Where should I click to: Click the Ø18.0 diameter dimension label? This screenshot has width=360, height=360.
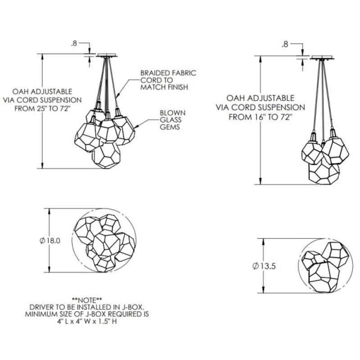coord(50,241)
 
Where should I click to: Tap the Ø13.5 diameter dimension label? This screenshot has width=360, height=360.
coord(264,266)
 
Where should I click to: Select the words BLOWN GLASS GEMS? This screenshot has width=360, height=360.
coord(172,120)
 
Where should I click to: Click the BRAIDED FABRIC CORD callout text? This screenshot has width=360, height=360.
coord(168,80)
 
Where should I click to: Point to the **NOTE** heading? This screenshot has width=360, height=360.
coord(87,300)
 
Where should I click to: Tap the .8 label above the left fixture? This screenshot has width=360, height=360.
coord(74,44)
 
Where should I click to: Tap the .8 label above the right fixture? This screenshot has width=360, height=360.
coord(285,45)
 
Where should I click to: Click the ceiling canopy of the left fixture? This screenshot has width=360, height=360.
coord(107,55)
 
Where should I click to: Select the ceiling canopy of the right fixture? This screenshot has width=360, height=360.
coord(322,58)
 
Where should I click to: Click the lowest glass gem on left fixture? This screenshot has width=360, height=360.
coord(106,155)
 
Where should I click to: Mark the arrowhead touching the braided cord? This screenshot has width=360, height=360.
coord(118,96)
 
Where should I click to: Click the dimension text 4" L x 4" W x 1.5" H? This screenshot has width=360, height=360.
coord(87,321)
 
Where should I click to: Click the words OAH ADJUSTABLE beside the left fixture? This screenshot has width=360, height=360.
coord(42,91)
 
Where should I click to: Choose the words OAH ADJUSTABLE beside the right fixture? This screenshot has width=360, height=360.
coord(261,98)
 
